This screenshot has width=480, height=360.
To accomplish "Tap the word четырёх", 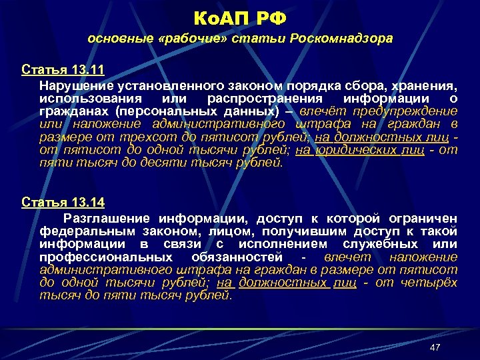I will tap(430, 283).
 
